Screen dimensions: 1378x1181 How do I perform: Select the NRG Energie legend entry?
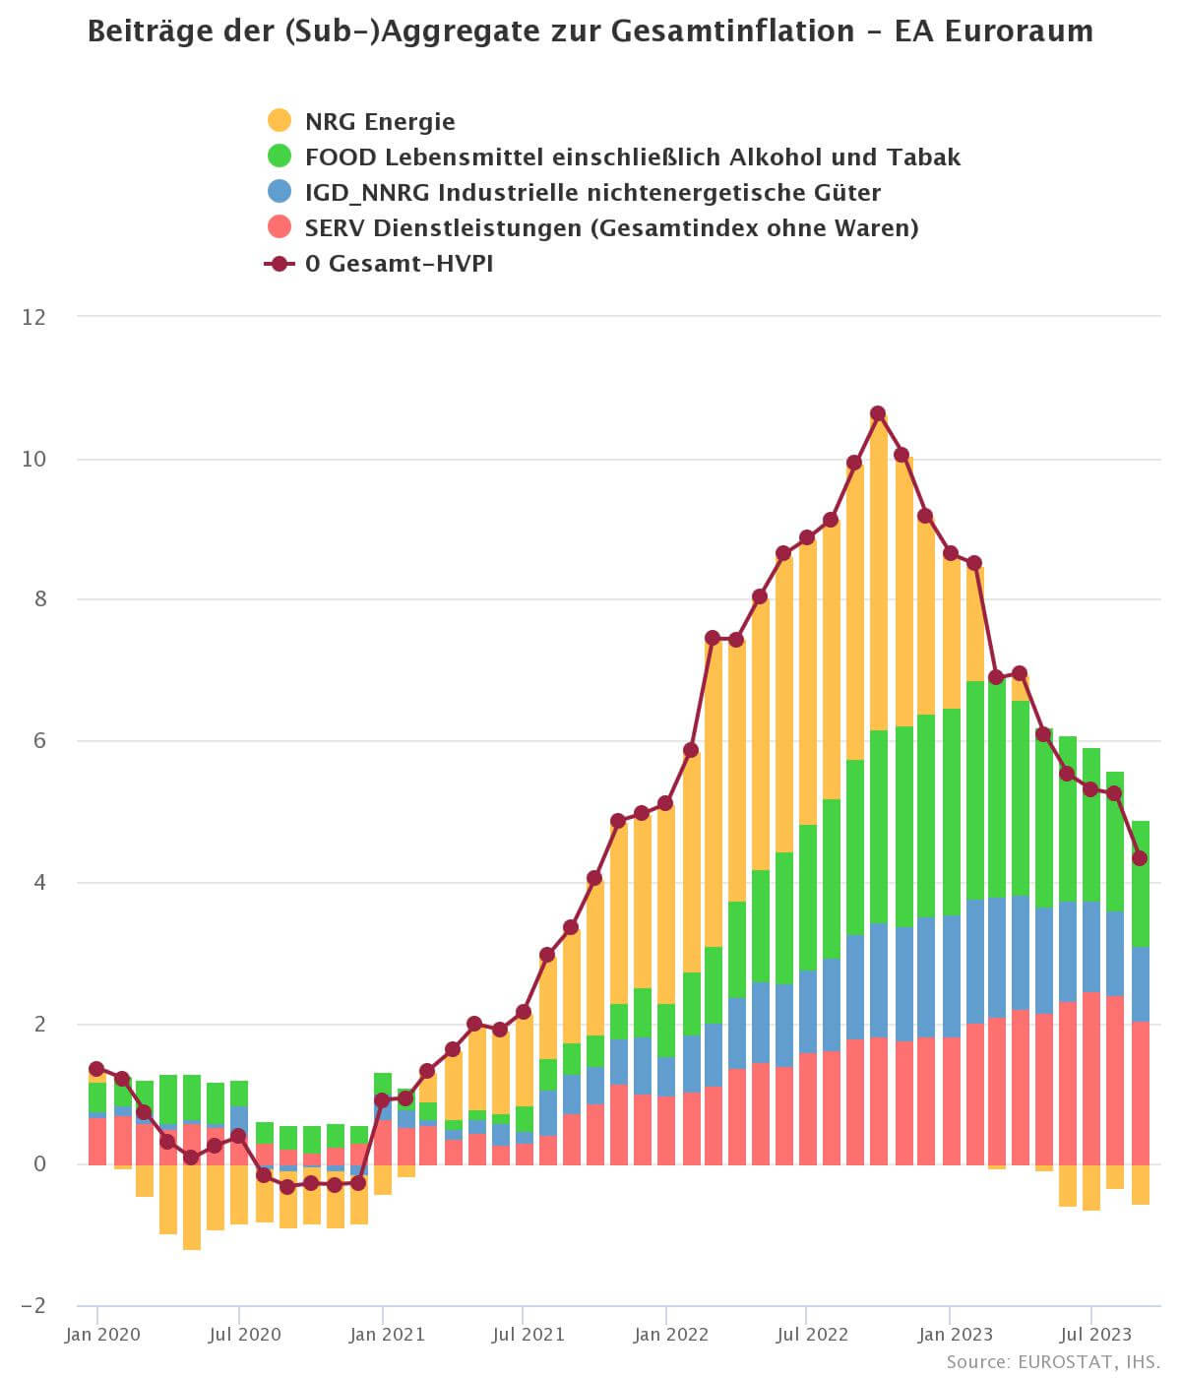379,121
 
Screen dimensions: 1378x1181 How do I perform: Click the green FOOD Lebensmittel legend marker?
280,157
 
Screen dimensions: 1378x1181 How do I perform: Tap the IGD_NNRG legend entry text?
591,192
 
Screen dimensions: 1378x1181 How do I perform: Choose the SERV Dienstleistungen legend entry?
610,227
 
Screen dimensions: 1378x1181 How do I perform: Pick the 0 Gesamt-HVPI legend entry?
398,263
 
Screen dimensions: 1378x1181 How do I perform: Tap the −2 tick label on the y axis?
32,1305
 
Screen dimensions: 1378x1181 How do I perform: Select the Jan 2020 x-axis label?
102,1335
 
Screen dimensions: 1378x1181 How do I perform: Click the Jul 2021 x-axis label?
528,1335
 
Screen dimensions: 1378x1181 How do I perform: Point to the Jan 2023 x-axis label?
956,1335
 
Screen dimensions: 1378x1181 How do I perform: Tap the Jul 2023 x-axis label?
1095,1335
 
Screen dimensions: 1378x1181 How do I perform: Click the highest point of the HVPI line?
878,413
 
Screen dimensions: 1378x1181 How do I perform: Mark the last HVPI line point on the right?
1140,858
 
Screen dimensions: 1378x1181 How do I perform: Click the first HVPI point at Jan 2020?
96,1069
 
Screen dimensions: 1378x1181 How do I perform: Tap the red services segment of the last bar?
1140,1093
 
